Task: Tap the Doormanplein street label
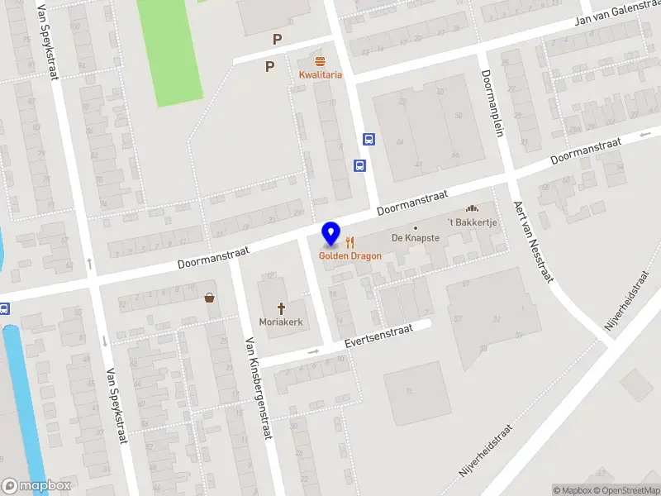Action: point(495,103)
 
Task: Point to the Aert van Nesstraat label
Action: point(532,241)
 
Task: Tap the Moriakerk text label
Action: point(279,322)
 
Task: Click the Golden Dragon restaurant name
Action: point(350,256)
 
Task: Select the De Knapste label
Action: point(416,238)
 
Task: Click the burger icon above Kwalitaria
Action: point(320,62)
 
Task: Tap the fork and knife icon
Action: point(350,242)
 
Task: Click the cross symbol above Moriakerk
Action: point(280,308)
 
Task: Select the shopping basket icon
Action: point(210,298)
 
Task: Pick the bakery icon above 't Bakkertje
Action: point(473,208)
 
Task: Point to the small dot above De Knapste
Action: point(416,227)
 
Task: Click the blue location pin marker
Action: point(330,234)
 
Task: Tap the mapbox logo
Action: point(36,486)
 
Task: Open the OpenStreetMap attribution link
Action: point(625,490)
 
